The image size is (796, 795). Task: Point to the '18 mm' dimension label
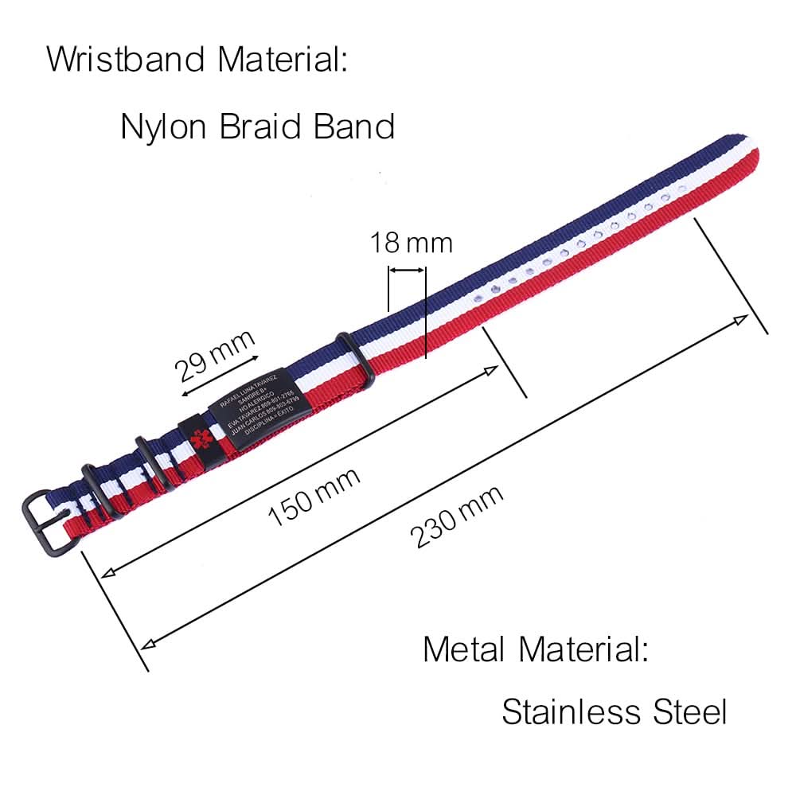tap(410, 242)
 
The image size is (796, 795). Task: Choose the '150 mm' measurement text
tap(314, 497)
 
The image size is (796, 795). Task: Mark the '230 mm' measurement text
tap(457, 516)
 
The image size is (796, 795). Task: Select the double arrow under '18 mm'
tap(407, 271)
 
